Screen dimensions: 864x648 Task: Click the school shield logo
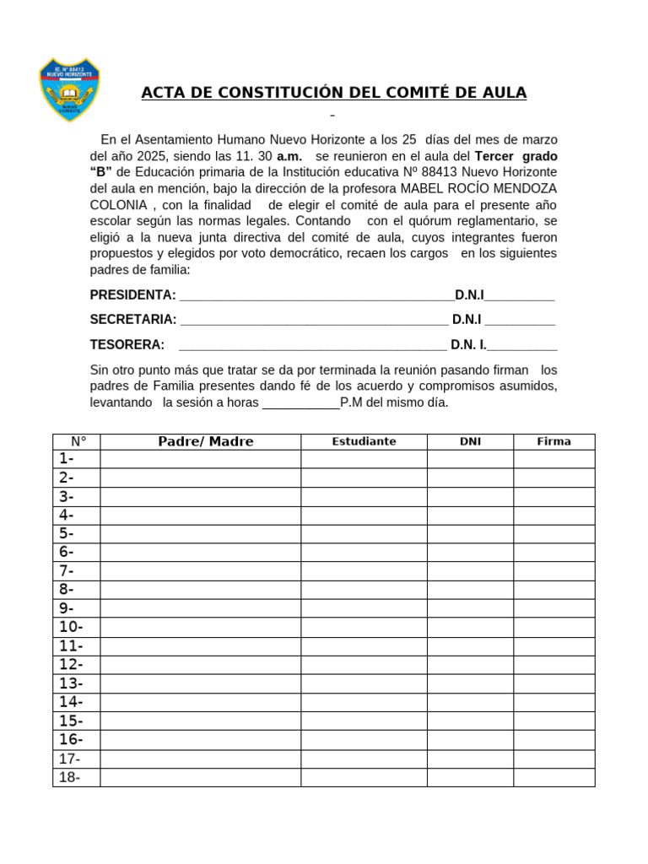69,89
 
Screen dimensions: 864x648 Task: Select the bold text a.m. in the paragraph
289,156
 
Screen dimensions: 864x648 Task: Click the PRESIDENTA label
132,294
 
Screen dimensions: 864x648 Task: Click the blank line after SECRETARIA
314,320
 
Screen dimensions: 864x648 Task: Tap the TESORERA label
127,344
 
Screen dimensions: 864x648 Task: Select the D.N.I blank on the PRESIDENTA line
520,295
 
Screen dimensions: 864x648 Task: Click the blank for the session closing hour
301,402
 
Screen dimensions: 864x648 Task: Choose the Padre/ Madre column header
205,441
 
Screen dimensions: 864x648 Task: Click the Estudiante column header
364,441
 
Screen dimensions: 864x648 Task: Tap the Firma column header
553,441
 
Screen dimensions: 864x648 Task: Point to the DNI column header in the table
470,441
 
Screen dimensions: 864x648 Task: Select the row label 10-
71,627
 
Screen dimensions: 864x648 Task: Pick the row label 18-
69,777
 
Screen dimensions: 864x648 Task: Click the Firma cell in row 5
553,533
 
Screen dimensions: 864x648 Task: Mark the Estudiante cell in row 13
364,683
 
